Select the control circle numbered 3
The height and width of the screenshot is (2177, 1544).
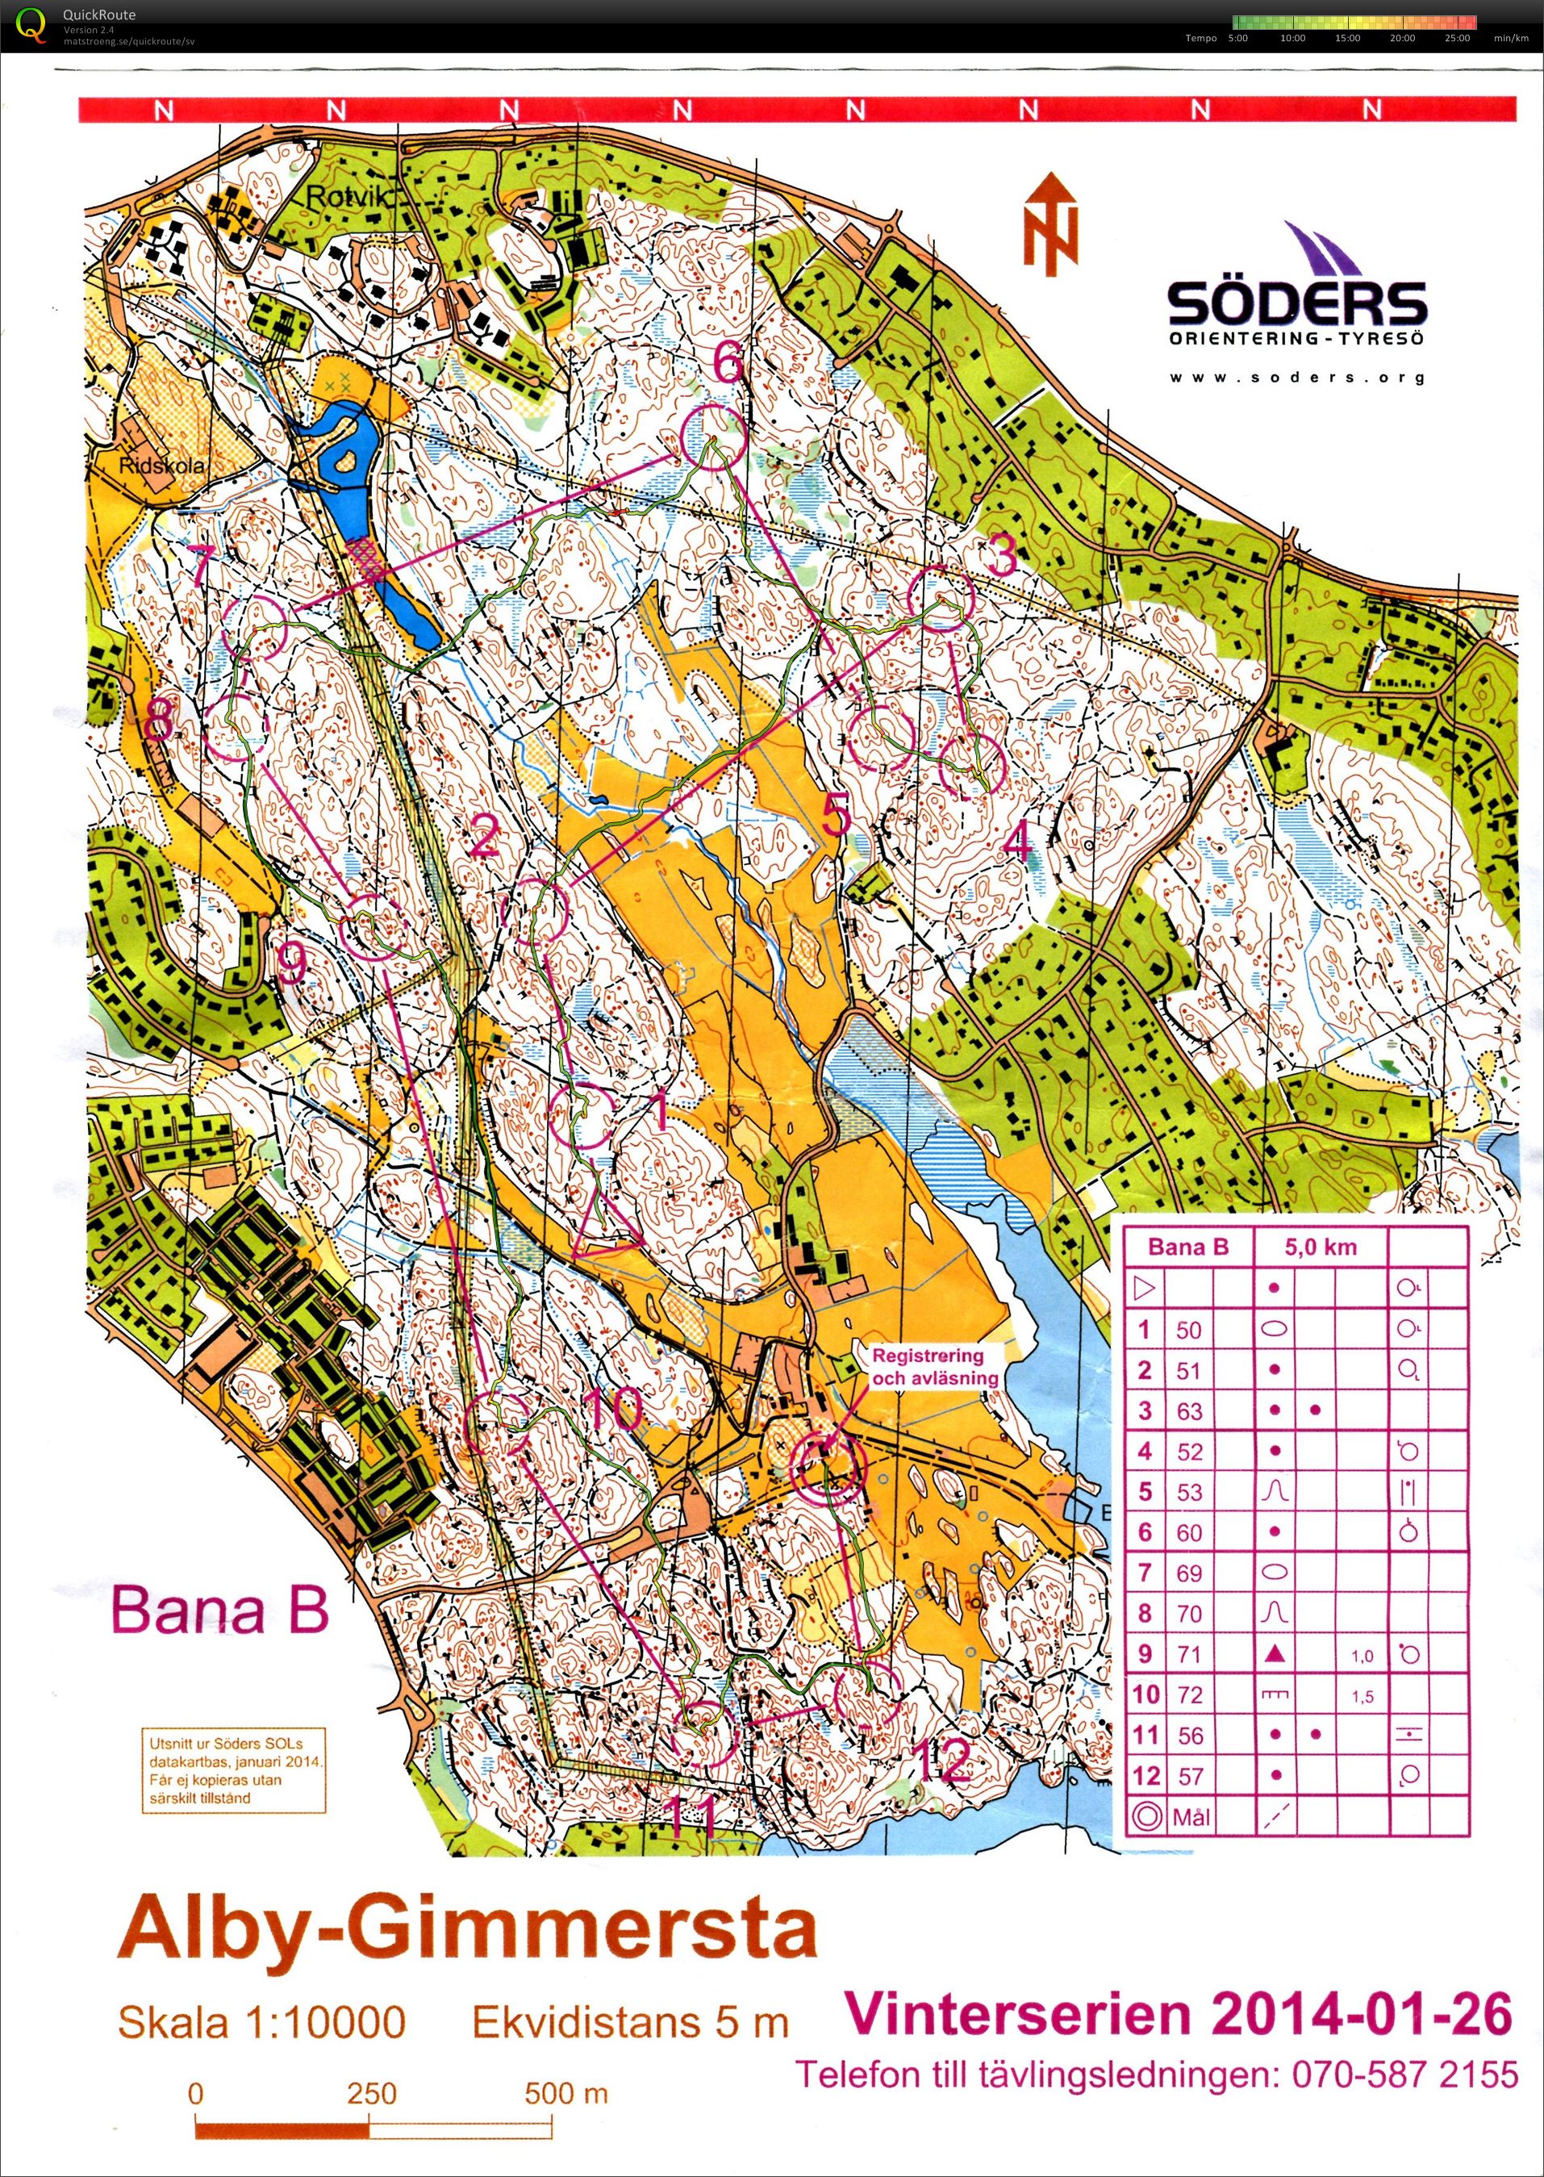click(941, 598)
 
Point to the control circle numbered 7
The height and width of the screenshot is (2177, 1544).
click(255, 627)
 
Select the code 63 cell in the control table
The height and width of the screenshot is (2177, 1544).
click(1188, 1411)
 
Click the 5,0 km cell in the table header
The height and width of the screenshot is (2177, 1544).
click(1321, 1247)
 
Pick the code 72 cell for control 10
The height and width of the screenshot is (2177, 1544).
click(1188, 1694)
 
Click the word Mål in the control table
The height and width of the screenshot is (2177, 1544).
click(1191, 1817)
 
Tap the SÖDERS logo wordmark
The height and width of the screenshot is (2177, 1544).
click(1297, 303)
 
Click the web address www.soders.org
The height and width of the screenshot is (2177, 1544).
click(1297, 378)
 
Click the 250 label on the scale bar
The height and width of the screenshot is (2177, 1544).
click(371, 2093)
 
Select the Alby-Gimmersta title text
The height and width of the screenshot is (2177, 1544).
click(467, 1928)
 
